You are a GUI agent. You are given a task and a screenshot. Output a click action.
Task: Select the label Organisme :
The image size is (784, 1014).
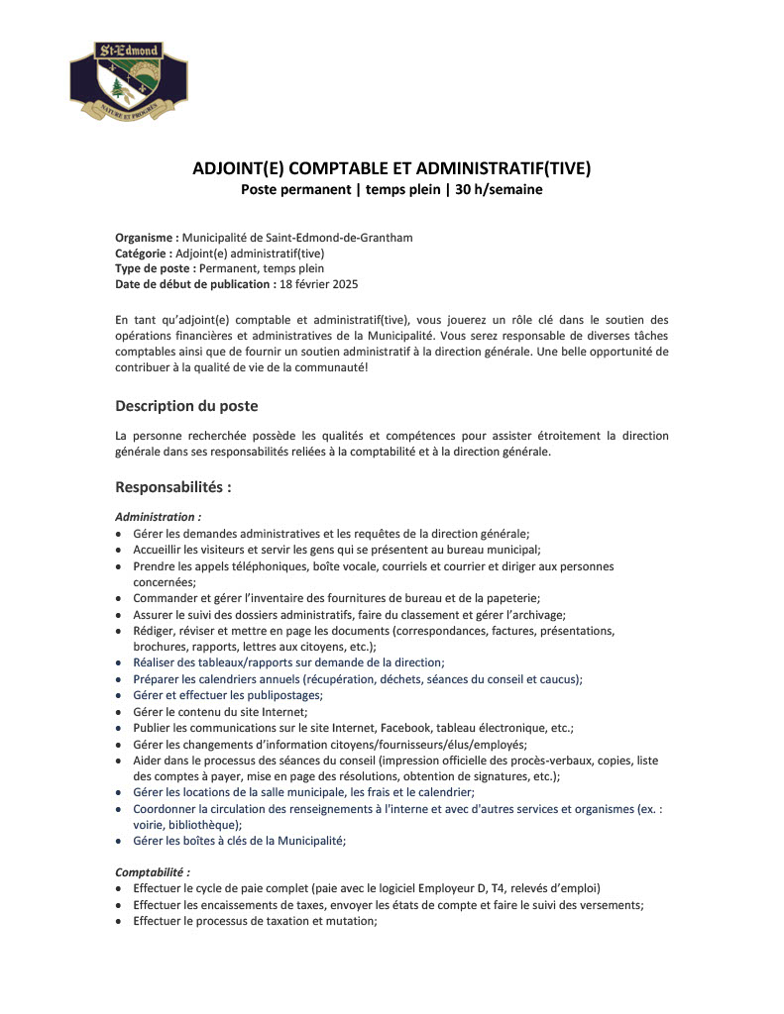click(147, 238)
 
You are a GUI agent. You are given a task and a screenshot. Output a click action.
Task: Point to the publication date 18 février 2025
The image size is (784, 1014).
click(319, 284)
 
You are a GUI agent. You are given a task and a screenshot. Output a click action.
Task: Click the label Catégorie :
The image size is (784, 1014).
click(144, 253)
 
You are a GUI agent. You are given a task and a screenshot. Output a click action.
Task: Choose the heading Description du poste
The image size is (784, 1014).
click(186, 406)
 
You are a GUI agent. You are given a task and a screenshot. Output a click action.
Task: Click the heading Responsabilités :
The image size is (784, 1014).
click(173, 487)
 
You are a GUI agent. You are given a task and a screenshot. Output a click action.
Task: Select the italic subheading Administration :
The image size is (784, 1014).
click(159, 517)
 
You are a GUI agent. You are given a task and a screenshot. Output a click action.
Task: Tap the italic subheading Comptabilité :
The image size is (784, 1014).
click(153, 872)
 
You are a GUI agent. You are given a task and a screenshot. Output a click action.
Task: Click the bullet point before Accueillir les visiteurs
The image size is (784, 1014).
click(120, 550)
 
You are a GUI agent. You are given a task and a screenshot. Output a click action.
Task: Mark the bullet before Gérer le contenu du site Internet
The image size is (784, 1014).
click(120, 711)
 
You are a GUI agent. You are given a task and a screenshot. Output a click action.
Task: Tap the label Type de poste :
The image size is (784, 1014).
click(155, 268)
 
